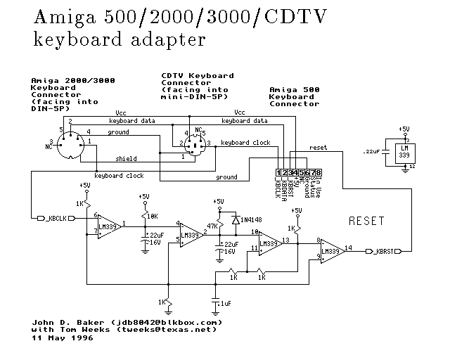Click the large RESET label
pos(366,221)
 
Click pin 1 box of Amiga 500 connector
pos(279,173)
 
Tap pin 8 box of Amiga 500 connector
pos(319,173)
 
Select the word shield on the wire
pos(127,159)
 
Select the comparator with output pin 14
pos(330,250)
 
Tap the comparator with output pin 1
pos(108,226)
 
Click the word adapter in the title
pos(169,39)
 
